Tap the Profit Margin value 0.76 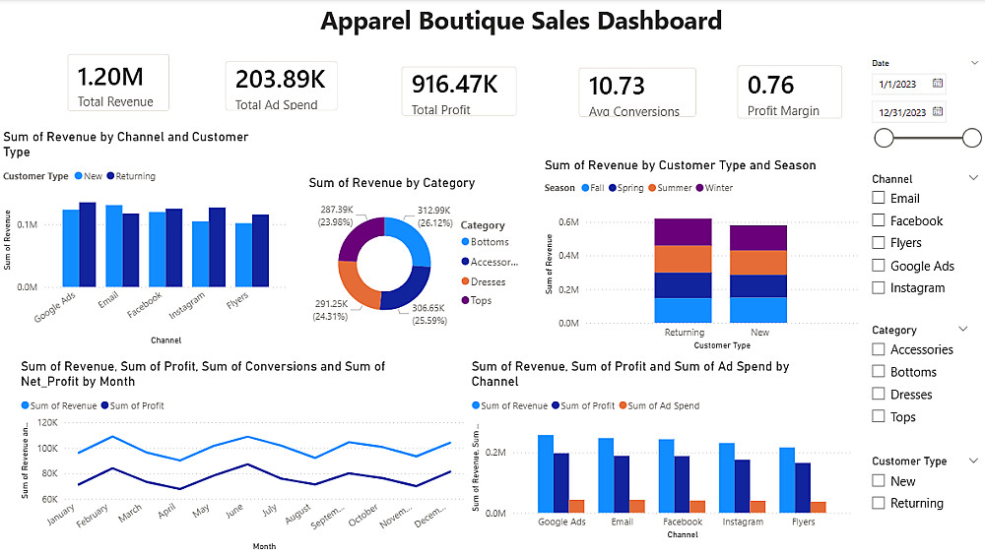(x=771, y=86)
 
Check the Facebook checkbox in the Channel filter (x=879, y=221)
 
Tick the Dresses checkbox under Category (x=879, y=395)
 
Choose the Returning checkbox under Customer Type (x=879, y=504)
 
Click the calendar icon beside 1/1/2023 (x=938, y=84)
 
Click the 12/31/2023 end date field (x=900, y=112)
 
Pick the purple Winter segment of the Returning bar (x=683, y=232)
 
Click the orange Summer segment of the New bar (x=758, y=263)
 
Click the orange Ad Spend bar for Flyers (x=819, y=507)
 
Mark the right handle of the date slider (x=971, y=138)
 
